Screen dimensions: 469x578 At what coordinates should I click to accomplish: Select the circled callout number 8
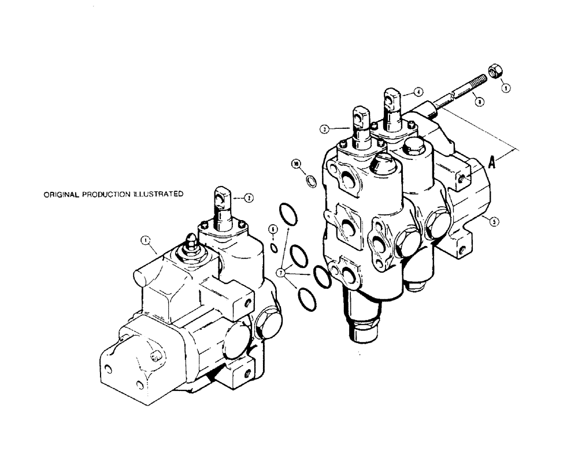480,101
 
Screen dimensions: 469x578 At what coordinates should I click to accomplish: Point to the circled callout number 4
418,92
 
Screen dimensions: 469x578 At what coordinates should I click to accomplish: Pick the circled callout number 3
325,128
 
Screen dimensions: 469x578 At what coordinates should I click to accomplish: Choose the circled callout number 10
297,165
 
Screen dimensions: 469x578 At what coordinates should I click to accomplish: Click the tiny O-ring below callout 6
275,248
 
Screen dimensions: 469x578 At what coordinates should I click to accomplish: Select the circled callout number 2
248,198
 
